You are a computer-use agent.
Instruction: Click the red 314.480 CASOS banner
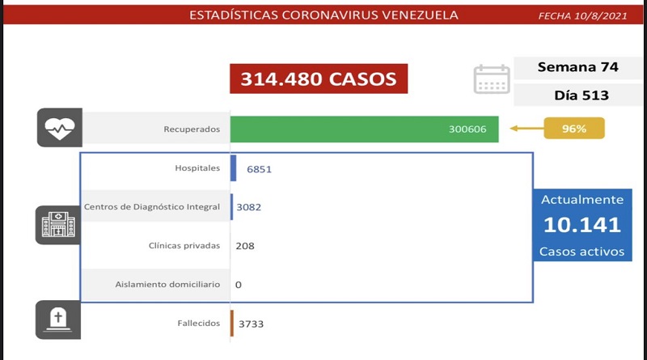point(317,78)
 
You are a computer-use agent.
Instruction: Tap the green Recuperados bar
point(364,129)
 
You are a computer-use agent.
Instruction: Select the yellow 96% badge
point(575,128)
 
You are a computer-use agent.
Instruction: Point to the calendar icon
point(491,79)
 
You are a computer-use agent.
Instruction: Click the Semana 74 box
point(577,68)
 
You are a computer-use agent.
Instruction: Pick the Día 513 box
point(577,95)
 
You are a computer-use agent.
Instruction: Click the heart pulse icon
point(58,128)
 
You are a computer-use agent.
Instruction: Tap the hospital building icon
point(58,224)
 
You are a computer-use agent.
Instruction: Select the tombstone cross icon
point(58,319)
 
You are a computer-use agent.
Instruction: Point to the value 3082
point(248,207)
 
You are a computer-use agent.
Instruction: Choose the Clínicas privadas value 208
point(244,245)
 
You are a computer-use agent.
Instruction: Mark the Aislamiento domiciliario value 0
point(239,284)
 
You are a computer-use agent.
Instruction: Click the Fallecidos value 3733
point(251,324)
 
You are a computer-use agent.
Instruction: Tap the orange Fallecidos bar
point(231,323)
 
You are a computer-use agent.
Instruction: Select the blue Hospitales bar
point(233,168)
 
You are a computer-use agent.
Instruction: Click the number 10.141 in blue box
point(582,225)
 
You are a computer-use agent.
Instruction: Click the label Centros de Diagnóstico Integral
point(152,207)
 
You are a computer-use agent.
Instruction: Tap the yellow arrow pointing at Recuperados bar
point(526,128)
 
